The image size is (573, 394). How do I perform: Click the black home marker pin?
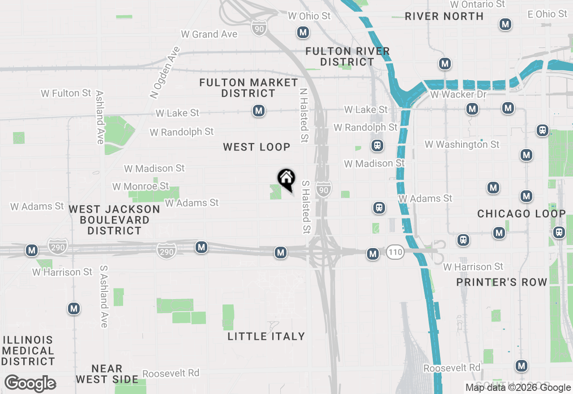coord(286,179)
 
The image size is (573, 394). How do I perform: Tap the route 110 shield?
coord(395,252)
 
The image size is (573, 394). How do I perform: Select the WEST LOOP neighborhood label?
coord(257,147)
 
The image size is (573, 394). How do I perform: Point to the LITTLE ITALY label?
coord(266,336)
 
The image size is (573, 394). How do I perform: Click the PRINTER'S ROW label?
coord(502,282)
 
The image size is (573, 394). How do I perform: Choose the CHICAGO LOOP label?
coord(522,214)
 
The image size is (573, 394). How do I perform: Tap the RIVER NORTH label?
coord(444,16)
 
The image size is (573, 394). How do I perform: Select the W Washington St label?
coord(462,144)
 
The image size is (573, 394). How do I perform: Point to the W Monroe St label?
coord(141,186)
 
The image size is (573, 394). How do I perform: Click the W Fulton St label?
coord(66,93)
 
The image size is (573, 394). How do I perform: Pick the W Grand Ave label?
coord(209,34)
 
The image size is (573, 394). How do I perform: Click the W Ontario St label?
coord(477,4)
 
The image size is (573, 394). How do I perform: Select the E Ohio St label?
coord(547,14)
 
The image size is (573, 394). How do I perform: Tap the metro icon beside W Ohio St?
coord(303,32)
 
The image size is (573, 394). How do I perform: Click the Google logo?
coord(30,384)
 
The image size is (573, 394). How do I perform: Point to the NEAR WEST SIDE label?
coord(107,374)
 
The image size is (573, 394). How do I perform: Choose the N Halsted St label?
coord(304,115)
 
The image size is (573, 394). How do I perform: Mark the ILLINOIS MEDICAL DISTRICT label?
coord(28,351)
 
